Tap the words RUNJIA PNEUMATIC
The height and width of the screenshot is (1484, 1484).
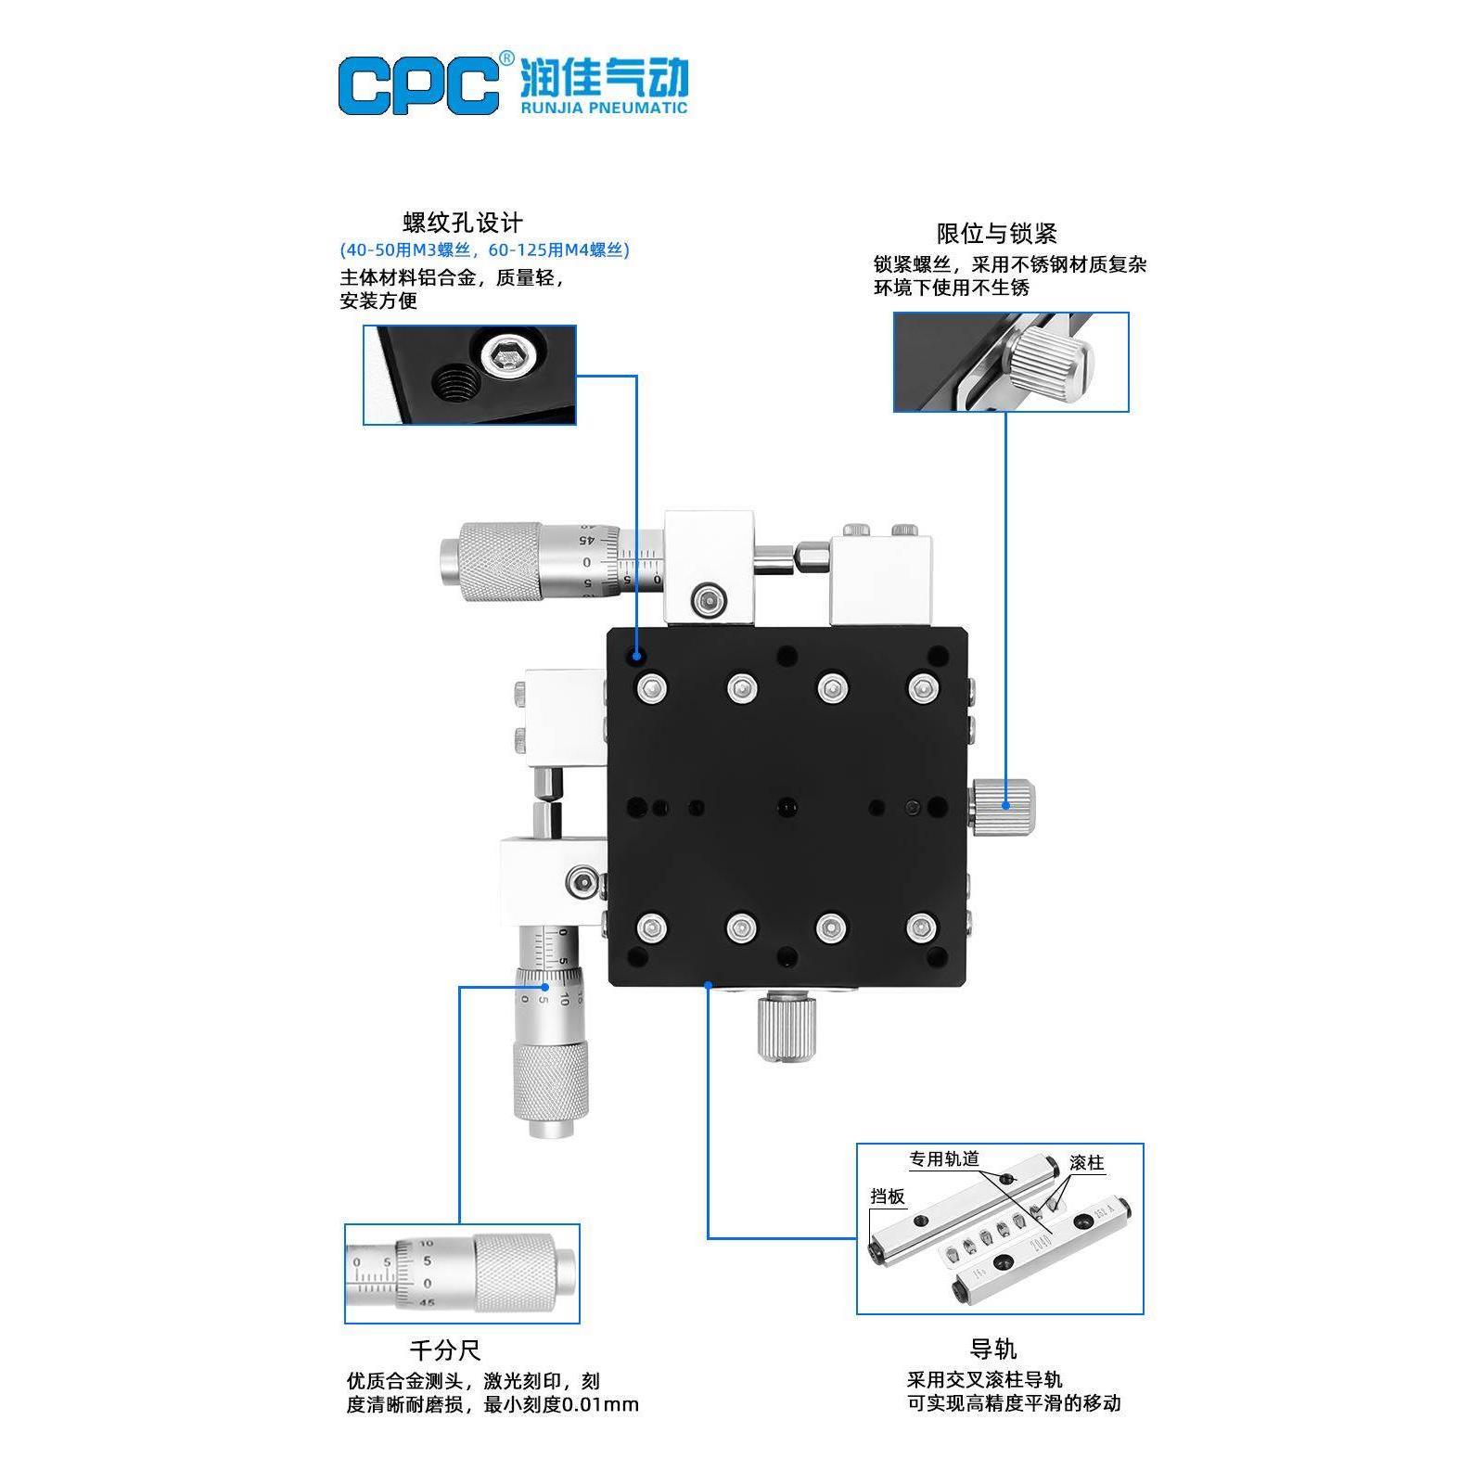tap(604, 108)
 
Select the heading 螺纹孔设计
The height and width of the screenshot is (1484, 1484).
tap(462, 223)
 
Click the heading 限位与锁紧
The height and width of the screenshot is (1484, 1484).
tap(996, 233)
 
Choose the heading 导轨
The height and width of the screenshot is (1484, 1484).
tap(993, 1349)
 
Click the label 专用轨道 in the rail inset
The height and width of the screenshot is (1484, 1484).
tap(944, 1159)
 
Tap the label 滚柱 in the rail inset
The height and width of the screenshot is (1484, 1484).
tap(1086, 1163)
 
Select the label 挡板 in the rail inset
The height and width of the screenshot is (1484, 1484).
tap(888, 1196)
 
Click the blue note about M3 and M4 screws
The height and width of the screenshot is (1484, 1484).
tap(484, 250)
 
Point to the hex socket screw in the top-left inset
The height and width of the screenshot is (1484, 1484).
tap(506, 355)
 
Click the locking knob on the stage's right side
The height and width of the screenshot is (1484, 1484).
tap(1005, 806)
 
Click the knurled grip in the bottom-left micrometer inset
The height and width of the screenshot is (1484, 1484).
tap(514, 1273)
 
